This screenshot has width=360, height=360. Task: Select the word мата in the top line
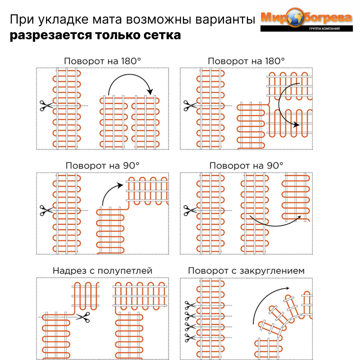pyautogui.click(x=95, y=20)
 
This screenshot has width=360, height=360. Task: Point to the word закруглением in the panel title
pyautogui.click(x=271, y=271)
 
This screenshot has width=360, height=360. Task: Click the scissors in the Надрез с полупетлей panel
pyautogui.click(x=83, y=317)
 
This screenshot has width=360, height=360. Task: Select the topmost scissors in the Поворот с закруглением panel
pyautogui.click(x=189, y=306)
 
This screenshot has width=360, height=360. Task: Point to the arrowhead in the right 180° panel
pyautogui.click(x=296, y=124)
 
